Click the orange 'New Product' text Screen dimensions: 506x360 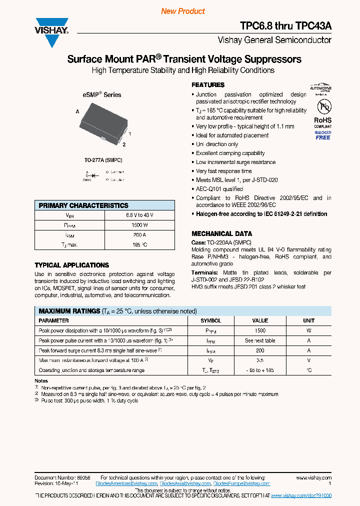click(x=183, y=11)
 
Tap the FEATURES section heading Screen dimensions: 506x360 click(x=208, y=85)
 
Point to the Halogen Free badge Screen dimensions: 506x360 click(x=323, y=135)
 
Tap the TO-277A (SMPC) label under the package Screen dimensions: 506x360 click(x=103, y=160)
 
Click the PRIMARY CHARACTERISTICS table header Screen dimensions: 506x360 click(x=83, y=205)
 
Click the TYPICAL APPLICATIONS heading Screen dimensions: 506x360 click(x=71, y=265)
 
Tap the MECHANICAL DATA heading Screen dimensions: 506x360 click(x=222, y=233)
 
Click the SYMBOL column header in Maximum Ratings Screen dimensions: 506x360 click(x=210, y=320)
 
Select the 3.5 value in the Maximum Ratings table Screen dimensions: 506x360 click(x=260, y=360)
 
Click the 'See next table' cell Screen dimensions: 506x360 click(x=260, y=340)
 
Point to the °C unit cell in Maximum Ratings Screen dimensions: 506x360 click(x=308, y=370)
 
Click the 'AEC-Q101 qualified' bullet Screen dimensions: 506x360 click(x=219, y=189)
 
